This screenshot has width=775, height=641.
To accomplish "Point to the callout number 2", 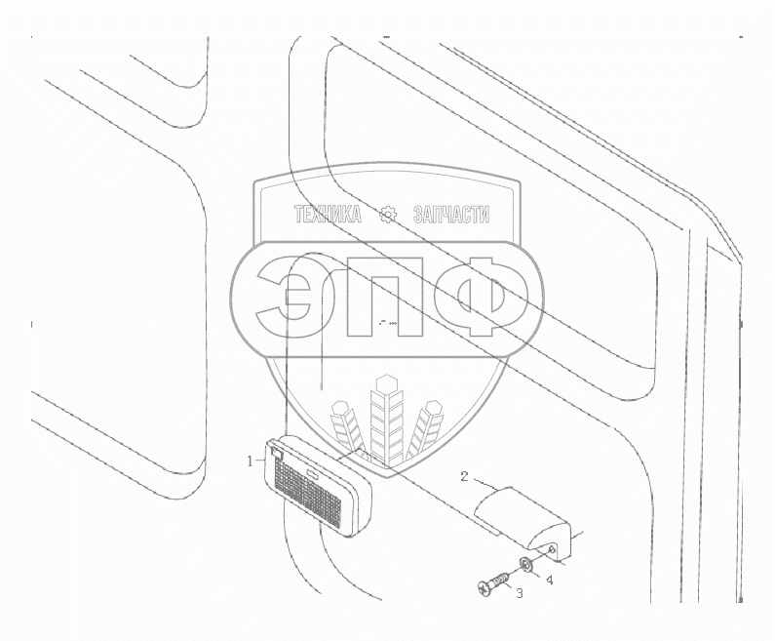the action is [466, 477].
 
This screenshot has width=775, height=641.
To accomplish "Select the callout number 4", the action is [550, 579].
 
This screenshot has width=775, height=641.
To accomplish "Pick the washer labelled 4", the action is [526, 566].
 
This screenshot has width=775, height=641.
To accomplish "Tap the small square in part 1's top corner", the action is [277, 452].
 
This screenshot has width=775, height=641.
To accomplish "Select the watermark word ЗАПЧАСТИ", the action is [450, 217].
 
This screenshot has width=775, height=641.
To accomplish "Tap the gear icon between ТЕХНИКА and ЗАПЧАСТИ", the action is [388, 216].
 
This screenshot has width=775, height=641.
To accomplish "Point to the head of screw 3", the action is [484, 588].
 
